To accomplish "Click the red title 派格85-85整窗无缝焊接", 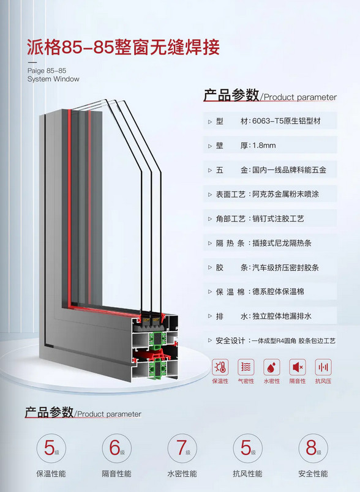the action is [x=123, y=47].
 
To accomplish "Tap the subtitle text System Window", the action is [x=53, y=79].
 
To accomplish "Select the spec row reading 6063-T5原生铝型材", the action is [x=287, y=121].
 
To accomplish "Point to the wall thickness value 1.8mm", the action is [x=264, y=146].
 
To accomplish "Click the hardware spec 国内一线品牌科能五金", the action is [x=289, y=170].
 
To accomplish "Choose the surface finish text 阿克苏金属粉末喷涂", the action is [x=286, y=194].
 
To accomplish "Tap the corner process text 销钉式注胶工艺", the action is [x=278, y=218].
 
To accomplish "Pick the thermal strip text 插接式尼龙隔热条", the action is [x=282, y=243].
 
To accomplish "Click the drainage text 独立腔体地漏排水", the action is [x=282, y=316].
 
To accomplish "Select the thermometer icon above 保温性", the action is [x=220, y=367].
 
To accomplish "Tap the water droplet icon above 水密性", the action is [x=271, y=367].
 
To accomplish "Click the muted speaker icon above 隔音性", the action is [x=297, y=367].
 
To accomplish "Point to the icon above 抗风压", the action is [x=323, y=367].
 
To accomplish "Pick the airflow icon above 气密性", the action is [x=246, y=367].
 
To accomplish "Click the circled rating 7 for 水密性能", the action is [x=182, y=448].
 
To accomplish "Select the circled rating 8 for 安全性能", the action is [x=313, y=448].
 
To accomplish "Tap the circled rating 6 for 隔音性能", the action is [x=116, y=448].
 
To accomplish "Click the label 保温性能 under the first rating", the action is [x=51, y=474].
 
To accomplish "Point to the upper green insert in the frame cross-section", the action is [x=157, y=340].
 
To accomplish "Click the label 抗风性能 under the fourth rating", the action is [x=247, y=474].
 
